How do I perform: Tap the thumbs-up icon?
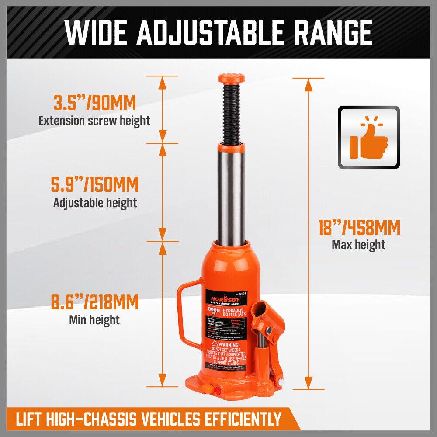point(368,137)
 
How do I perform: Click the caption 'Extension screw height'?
point(94,120)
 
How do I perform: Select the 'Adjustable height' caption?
point(95,202)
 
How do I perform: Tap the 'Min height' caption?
point(94,319)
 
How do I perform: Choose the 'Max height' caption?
point(358,244)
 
